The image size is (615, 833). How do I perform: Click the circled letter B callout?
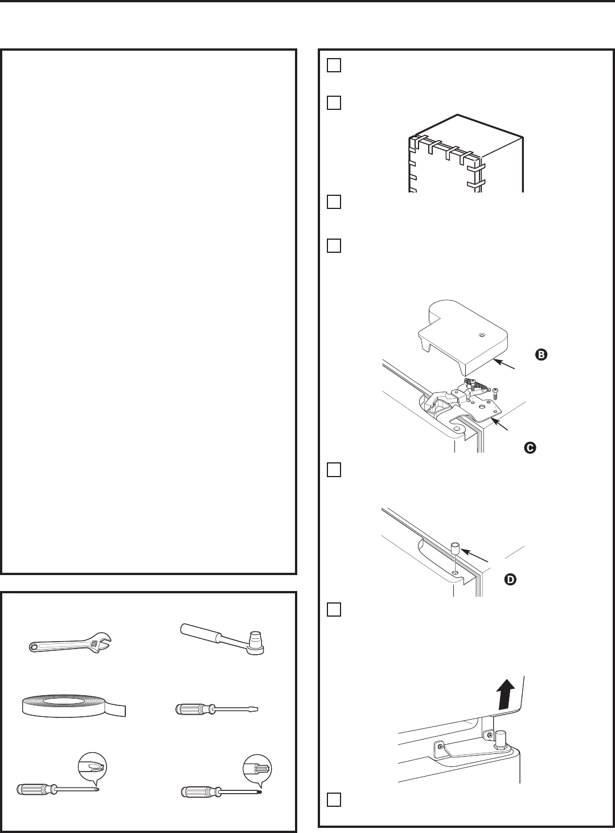[540, 355]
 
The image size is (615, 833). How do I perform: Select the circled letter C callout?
[530, 448]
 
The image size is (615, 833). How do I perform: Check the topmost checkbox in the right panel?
[334, 65]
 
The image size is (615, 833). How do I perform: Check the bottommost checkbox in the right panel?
[334, 799]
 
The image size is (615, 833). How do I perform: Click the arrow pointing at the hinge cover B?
[505, 365]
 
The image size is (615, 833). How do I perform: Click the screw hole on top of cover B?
[482, 335]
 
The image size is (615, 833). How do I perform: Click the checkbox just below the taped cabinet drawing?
[334, 202]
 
